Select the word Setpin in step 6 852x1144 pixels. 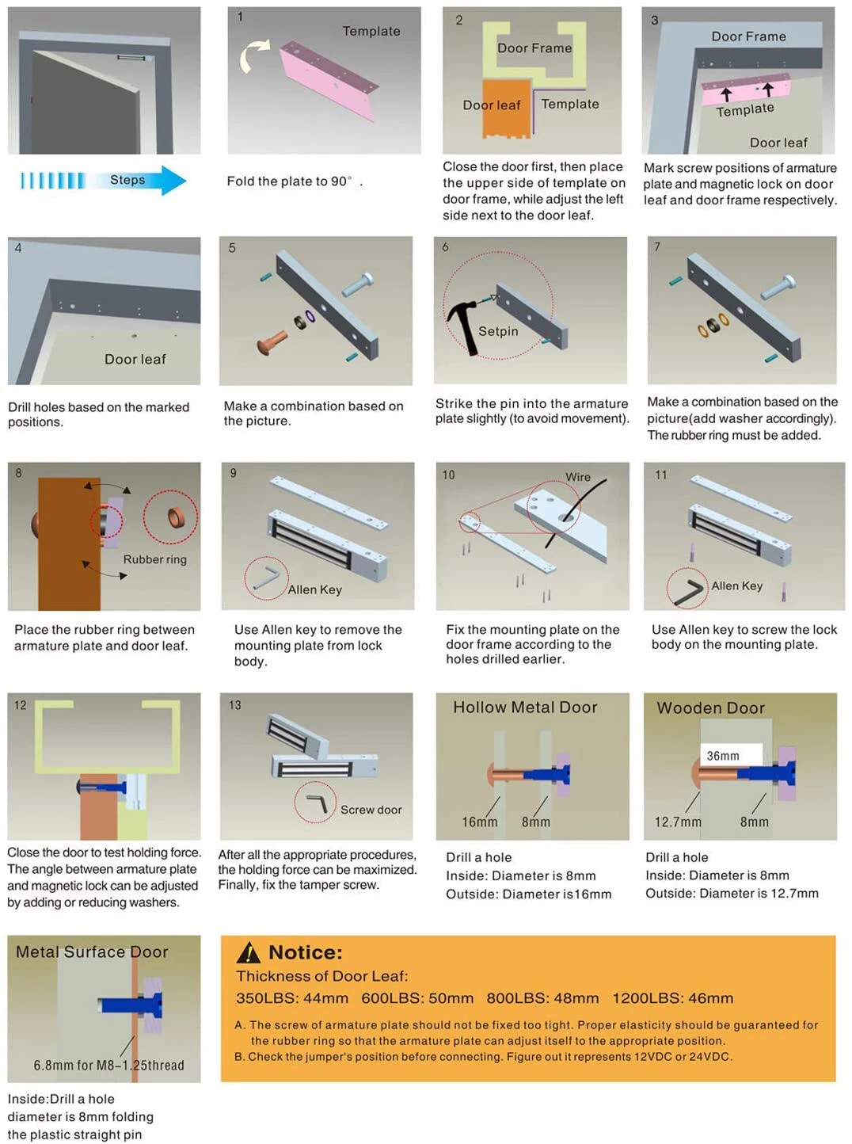(x=498, y=331)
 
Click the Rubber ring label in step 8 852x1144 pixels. (x=155, y=559)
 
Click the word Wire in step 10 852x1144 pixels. (x=578, y=477)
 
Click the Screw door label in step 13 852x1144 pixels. (x=371, y=810)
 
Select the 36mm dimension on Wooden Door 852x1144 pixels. (x=723, y=756)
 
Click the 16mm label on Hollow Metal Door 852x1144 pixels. (x=480, y=822)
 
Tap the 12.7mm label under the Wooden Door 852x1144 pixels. (x=678, y=822)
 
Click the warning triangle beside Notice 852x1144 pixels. (x=248, y=952)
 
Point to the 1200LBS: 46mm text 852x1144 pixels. (x=672, y=998)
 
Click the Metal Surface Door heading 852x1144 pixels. (x=92, y=951)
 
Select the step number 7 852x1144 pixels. (x=657, y=247)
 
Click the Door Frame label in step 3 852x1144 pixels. (x=748, y=36)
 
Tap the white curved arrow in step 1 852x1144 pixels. (x=253, y=55)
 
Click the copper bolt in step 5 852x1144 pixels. (x=272, y=343)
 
